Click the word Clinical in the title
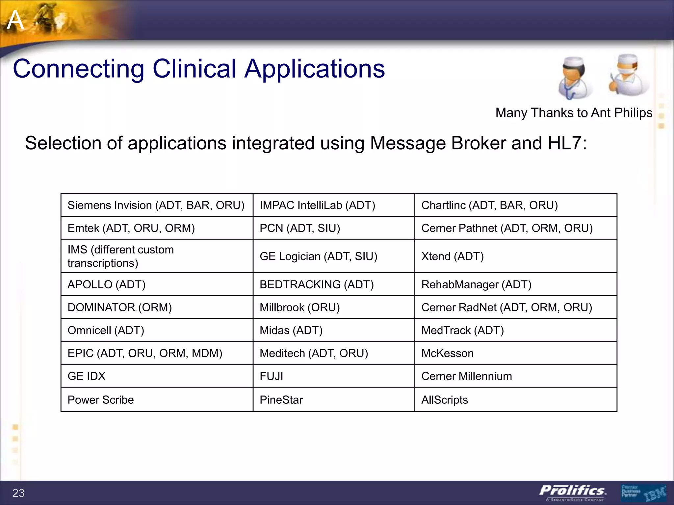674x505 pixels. [x=194, y=69]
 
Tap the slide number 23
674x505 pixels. [x=18, y=493]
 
